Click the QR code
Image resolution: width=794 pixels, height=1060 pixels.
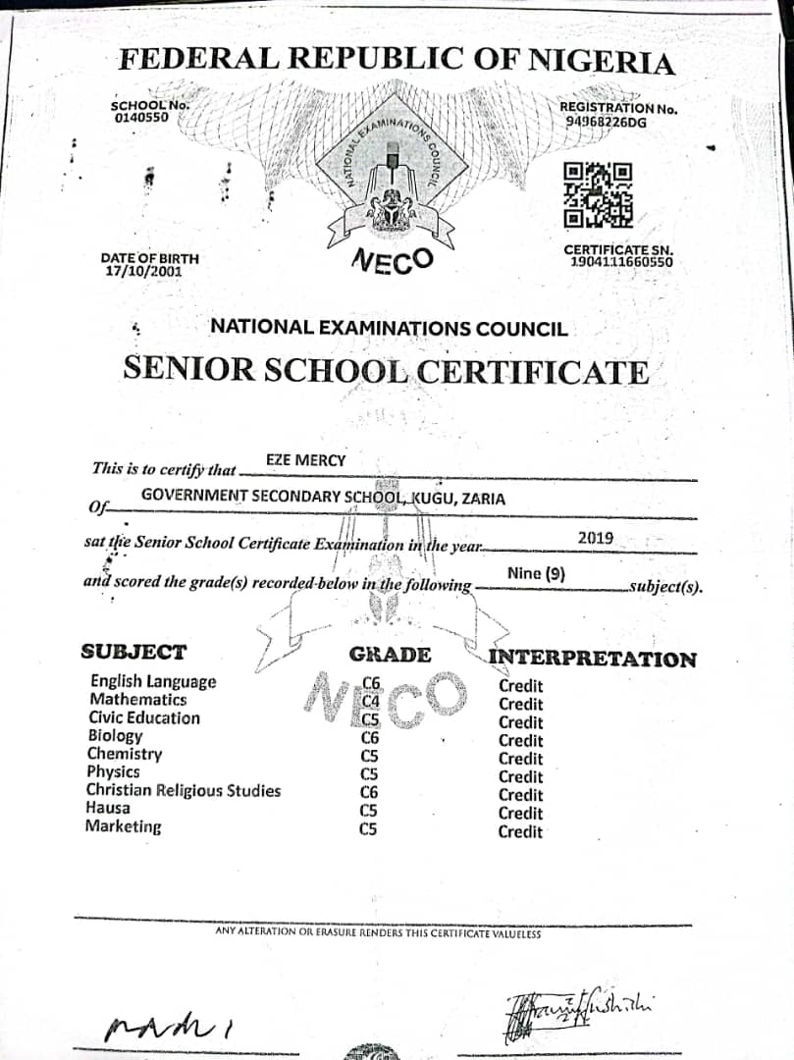coord(598,193)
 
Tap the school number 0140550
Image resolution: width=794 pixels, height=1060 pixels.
coord(140,118)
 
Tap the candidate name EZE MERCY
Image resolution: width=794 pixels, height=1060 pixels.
coord(305,459)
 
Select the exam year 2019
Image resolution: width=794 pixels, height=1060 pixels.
coord(596,537)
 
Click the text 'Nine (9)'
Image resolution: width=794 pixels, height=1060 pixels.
coord(536,573)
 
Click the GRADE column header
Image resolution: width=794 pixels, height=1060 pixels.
coord(390,655)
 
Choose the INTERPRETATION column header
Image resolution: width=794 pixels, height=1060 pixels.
coord(593,659)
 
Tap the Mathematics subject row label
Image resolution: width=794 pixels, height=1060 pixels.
coord(137,700)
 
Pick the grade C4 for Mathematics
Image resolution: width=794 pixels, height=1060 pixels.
coord(370,702)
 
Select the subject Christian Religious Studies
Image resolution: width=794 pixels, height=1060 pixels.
coord(183,790)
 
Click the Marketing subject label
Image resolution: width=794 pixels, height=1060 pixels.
coord(123,826)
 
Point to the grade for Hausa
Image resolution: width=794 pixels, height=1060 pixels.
coord(369,811)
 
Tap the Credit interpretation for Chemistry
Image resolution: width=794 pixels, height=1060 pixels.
coord(520,759)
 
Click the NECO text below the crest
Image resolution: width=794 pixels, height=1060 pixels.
coord(392,261)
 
